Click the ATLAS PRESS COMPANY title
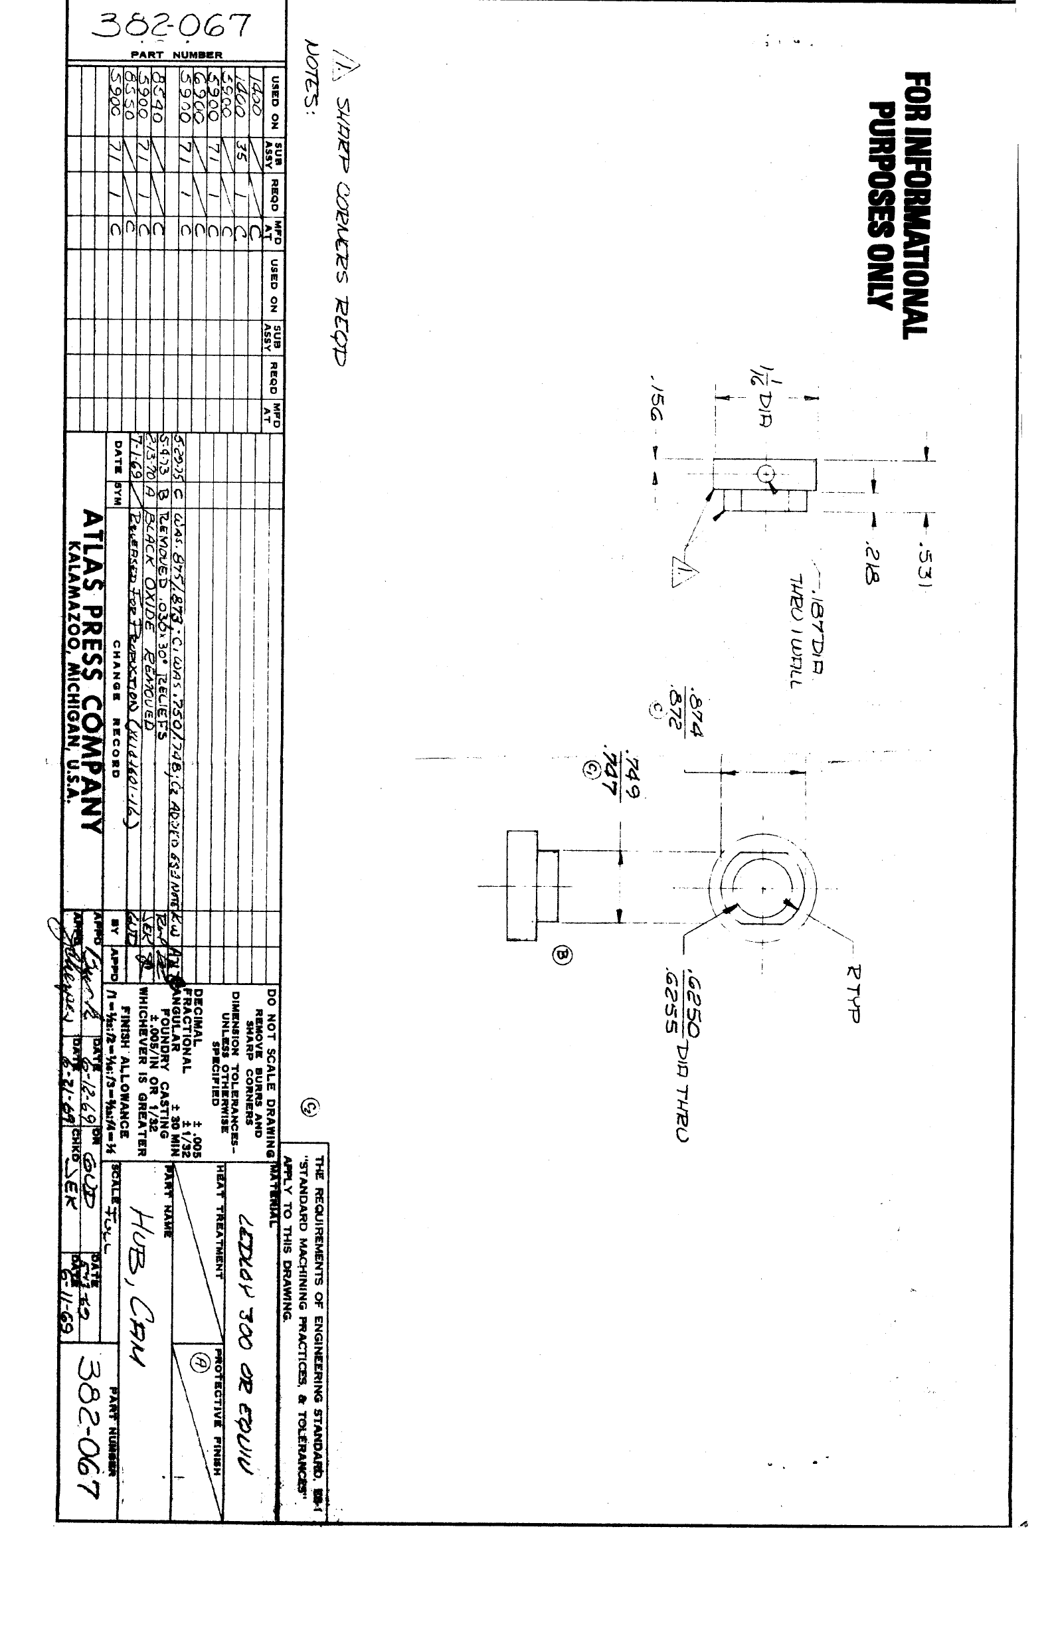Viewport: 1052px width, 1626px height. pos(92,673)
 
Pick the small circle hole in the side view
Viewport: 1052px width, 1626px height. pos(766,473)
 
